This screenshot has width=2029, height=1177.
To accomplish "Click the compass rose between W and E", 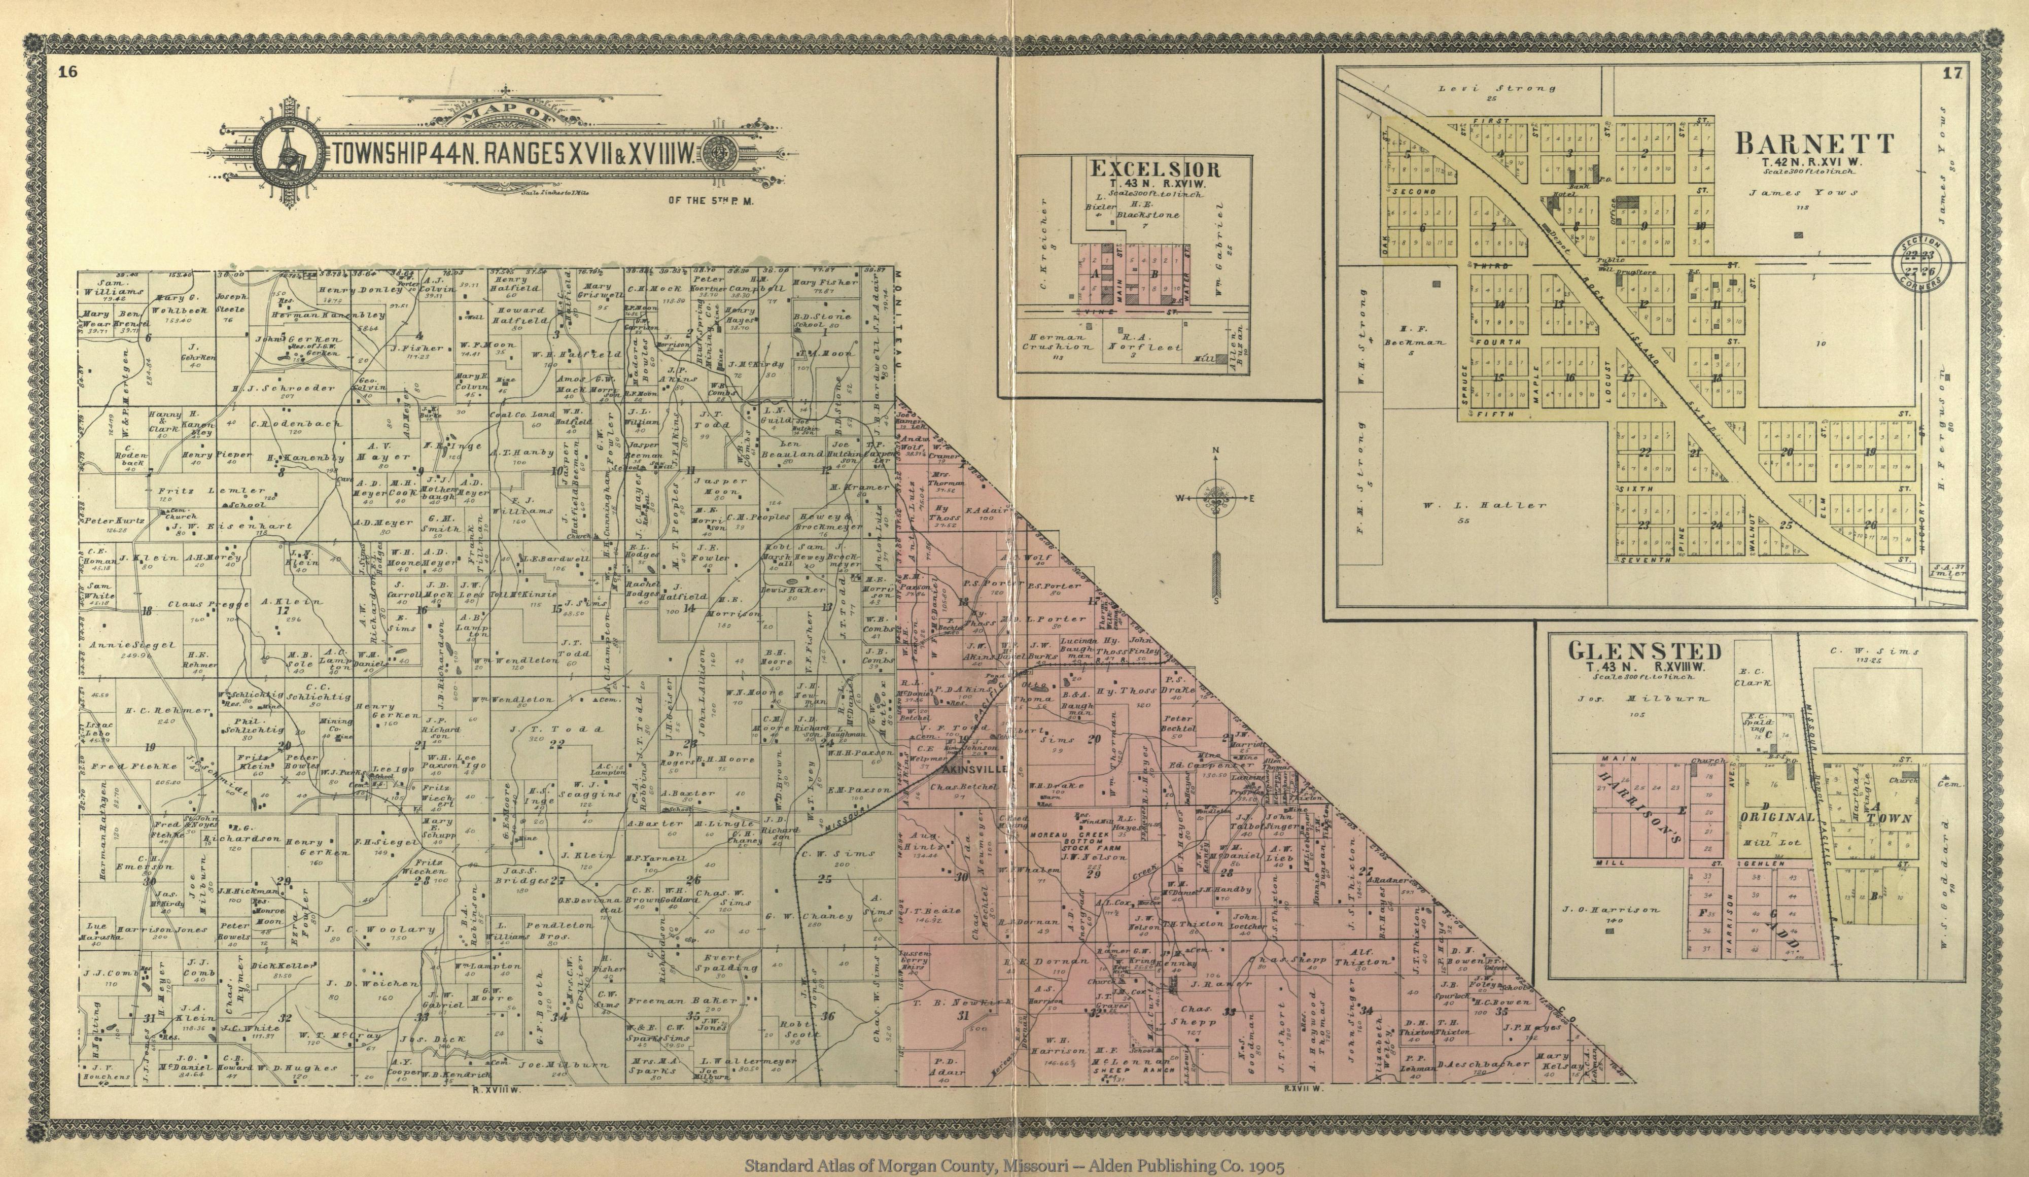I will [1216, 498].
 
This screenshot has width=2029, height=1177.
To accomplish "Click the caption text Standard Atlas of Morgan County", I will [1013, 1165].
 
